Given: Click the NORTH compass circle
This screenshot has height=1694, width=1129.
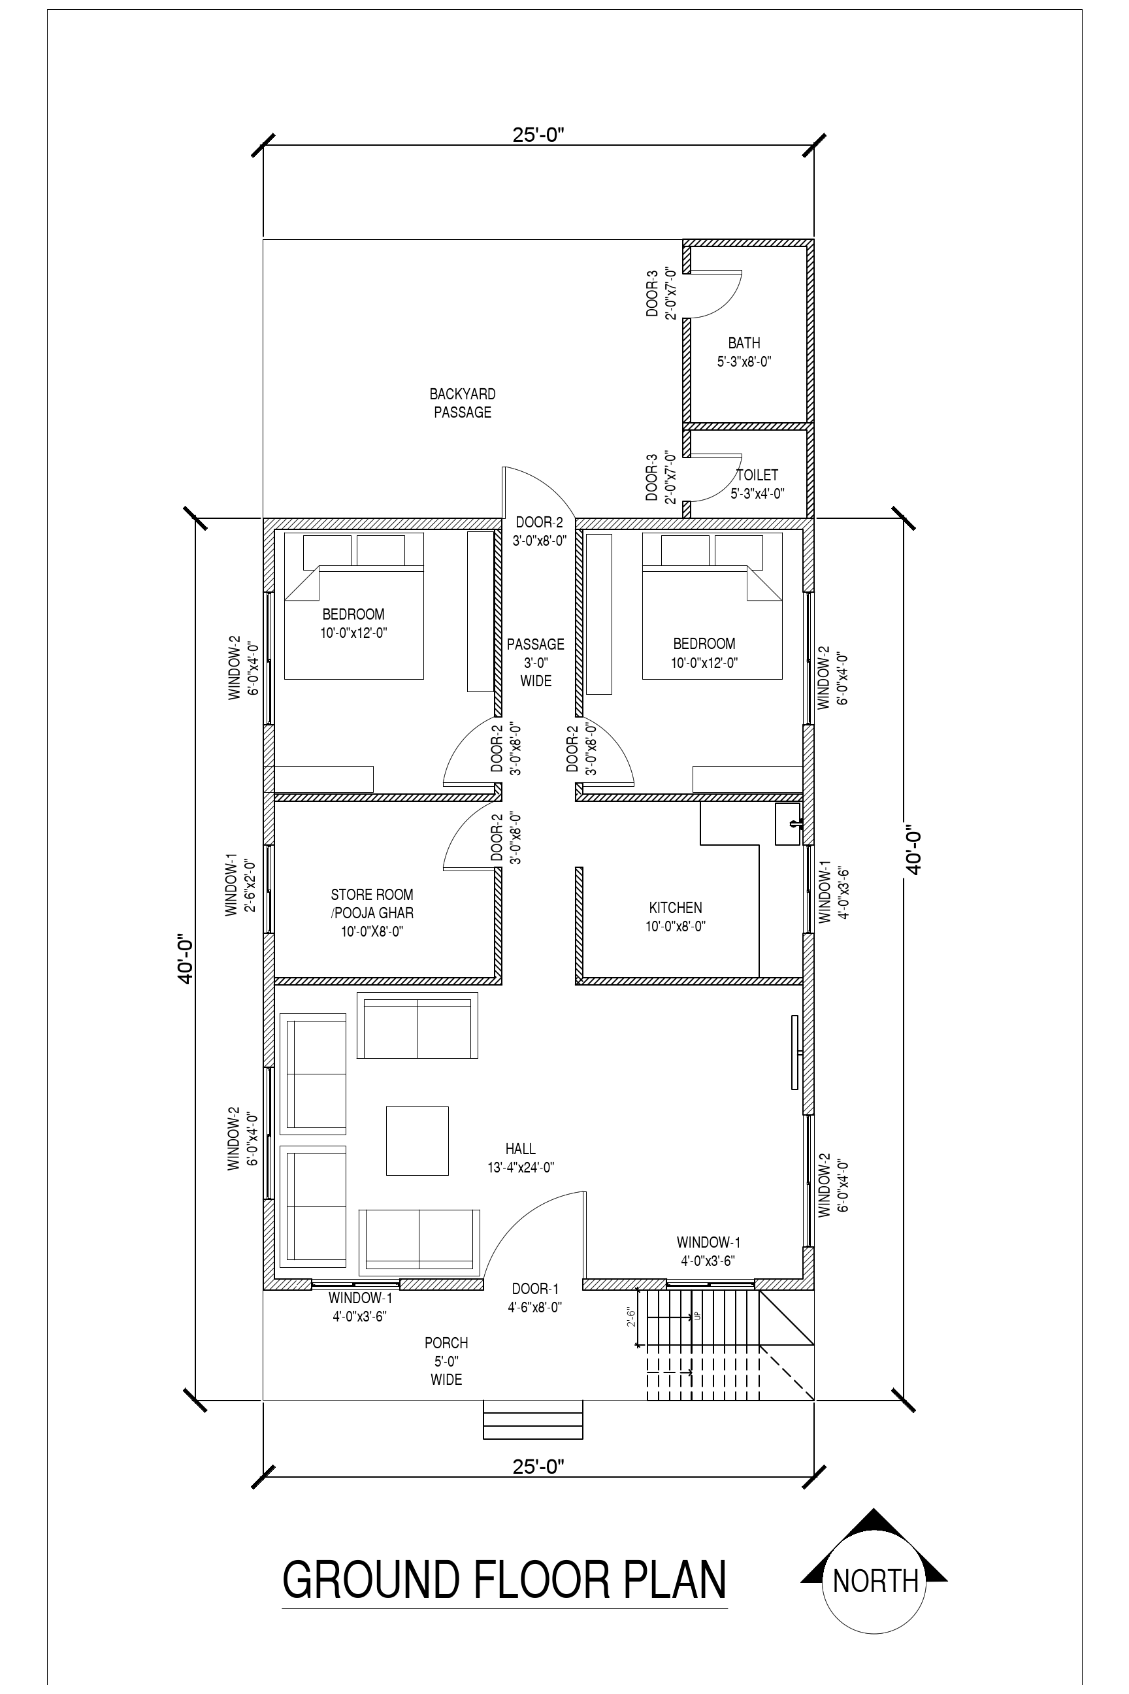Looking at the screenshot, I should tap(874, 1582).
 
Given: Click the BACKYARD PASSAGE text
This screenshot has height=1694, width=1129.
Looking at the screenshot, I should tap(463, 403).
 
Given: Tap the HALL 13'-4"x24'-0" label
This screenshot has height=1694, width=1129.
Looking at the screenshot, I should tap(520, 1158).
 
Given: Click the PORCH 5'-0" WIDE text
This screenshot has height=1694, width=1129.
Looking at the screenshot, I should tap(446, 1361).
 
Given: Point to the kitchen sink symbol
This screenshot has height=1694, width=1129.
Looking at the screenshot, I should tap(788, 824).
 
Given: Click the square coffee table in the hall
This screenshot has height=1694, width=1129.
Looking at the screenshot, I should tap(417, 1141).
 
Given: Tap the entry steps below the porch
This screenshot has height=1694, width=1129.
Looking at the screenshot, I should tap(532, 1420).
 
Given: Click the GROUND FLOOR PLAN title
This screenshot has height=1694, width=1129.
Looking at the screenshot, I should tap(504, 1580).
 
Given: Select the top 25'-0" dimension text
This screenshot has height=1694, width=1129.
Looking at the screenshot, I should tap(538, 135).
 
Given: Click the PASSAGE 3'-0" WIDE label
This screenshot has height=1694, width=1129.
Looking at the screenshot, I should tap(535, 662).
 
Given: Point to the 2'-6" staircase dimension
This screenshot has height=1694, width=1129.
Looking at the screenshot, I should tap(631, 1318).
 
